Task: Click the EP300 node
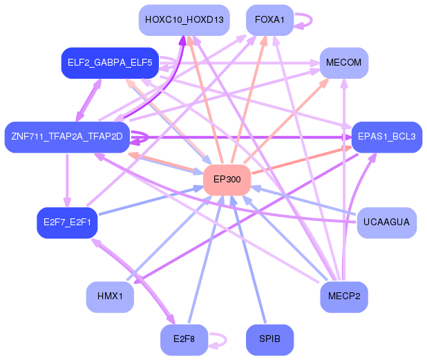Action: tap(227, 180)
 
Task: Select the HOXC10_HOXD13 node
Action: tap(184, 20)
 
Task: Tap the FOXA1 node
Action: tap(269, 20)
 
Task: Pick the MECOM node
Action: tap(343, 63)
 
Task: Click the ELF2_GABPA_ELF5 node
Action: tap(110, 63)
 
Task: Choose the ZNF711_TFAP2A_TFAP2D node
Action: tap(66, 136)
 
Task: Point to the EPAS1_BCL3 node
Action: tap(386, 137)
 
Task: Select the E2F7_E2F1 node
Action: tap(66, 223)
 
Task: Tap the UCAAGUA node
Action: tap(386, 222)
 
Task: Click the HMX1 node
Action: tap(110, 296)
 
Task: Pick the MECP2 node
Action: tap(343, 296)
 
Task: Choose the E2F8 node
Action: tap(184, 339)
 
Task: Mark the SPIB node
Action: tap(269, 339)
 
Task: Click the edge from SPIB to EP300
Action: tap(249, 263)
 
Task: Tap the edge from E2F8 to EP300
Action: tap(204, 263)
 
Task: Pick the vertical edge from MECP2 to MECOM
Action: tap(343, 180)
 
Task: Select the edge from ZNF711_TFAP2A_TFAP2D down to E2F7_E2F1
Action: tap(66, 180)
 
